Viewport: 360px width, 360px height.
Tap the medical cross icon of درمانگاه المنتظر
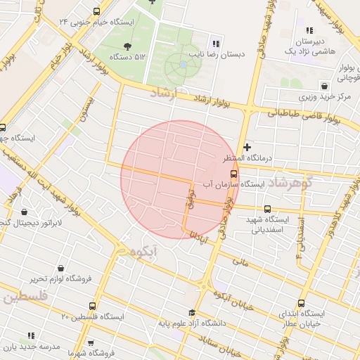tap(247, 147)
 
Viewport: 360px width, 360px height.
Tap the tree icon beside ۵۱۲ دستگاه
tap(127, 46)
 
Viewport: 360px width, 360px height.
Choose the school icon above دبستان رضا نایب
tap(216, 44)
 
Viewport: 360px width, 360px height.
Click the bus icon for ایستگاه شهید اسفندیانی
tap(267, 209)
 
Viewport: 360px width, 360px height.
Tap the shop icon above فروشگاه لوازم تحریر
tap(61, 268)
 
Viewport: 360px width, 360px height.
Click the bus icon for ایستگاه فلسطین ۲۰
tap(94, 307)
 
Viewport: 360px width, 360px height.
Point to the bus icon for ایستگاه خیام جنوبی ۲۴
tap(96, 11)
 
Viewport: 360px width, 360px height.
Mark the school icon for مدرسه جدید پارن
tap(30, 335)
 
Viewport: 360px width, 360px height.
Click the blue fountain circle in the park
tap(183, 64)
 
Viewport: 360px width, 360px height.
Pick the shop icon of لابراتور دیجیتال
tap(25, 212)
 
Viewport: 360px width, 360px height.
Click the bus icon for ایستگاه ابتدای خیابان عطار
tap(302, 303)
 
